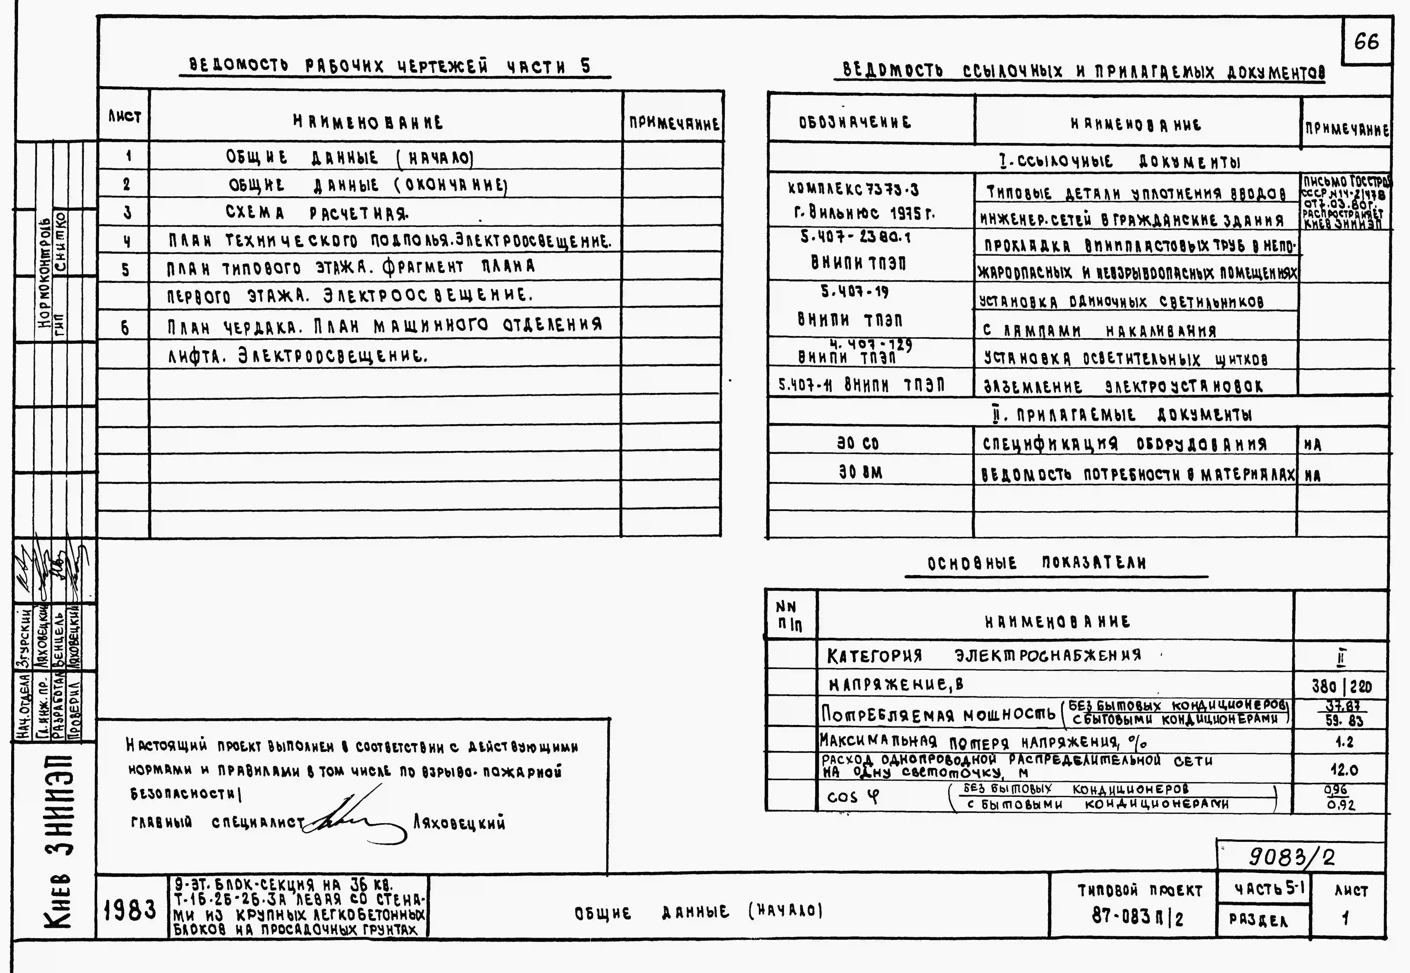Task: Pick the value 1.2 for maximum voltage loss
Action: point(1344,742)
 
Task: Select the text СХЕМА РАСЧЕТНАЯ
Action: point(317,213)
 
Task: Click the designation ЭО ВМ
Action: point(859,473)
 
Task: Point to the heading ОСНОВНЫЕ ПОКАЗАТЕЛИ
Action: point(1036,563)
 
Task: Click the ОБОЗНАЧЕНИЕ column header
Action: point(855,123)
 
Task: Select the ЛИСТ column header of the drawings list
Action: point(125,116)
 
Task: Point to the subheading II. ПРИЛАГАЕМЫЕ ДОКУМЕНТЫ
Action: point(1122,415)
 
